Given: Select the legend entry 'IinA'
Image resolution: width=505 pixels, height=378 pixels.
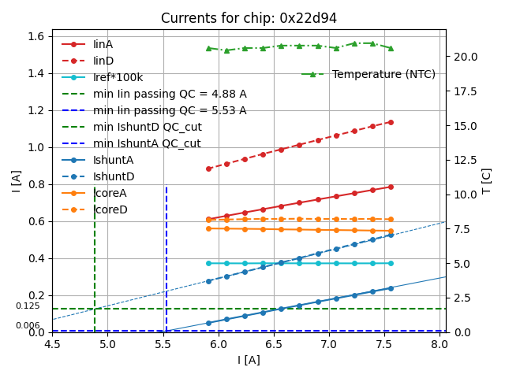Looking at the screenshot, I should [x=104, y=45].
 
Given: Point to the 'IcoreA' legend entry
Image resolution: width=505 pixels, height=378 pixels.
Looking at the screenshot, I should [x=110, y=194].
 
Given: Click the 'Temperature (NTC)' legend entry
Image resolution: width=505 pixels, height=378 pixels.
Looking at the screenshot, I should [x=383, y=74].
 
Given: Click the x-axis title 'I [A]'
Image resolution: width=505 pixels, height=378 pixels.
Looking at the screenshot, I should [x=249, y=361].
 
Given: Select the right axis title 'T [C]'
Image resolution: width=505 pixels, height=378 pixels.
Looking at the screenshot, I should [x=486, y=180].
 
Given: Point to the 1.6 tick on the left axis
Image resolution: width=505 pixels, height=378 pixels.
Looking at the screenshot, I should [x=36, y=36].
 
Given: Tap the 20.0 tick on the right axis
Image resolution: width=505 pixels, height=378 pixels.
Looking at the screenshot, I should [x=464, y=57].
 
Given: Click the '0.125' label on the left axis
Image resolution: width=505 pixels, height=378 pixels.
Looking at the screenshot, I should [x=28, y=306].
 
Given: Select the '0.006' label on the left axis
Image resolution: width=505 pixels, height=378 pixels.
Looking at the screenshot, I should [x=28, y=326].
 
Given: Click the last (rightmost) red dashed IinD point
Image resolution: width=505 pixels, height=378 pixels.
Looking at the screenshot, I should [x=391, y=122].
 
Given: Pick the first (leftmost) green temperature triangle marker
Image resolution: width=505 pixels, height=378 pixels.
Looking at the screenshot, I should [x=208, y=48].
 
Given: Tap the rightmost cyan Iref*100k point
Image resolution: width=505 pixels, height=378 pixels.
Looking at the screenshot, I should [x=391, y=263].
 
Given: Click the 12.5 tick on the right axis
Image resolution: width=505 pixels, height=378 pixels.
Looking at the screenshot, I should [x=464, y=160].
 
